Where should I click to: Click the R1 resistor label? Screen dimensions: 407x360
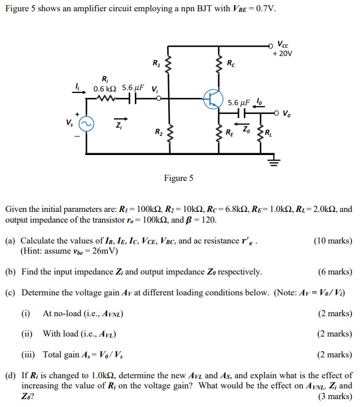(x=156, y=63)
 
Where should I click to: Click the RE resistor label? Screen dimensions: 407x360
(x=229, y=134)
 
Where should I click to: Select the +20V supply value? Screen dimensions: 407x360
(x=286, y=54)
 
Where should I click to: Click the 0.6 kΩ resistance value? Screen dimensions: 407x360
(x=104, y=88)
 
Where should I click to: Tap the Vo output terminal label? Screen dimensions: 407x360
(x=288, y=113)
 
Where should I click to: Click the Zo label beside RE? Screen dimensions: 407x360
(x=246, y=130)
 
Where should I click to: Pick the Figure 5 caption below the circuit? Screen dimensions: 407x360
(x=178, y=178)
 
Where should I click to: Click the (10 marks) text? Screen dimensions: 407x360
(x=332, y=241)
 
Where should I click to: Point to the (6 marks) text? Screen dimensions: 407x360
(x=335, y=272)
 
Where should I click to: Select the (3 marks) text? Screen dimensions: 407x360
(x=335, y=396)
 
